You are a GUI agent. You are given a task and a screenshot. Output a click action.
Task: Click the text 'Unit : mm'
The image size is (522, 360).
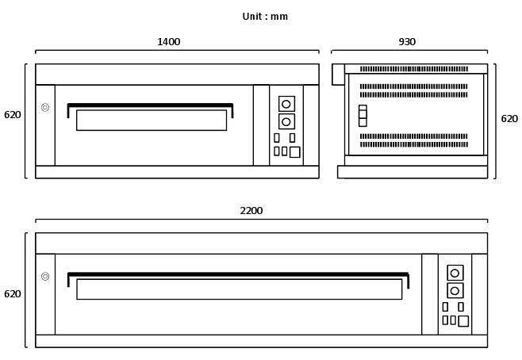(x=265, y=17)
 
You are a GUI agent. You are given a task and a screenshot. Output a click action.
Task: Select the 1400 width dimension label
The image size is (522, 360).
(x=168, y=42)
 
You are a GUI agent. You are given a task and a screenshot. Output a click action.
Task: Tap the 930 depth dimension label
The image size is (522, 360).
(x=407, y=42)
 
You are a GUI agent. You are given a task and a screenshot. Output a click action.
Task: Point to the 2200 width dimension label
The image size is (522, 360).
(x=251, y=211)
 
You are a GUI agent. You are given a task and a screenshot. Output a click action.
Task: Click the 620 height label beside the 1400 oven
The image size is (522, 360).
(x=13, y=115)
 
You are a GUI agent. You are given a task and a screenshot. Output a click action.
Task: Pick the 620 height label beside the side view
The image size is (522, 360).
(x=509, y=119)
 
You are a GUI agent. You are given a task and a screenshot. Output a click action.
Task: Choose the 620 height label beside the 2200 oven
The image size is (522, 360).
(x=13, y=294)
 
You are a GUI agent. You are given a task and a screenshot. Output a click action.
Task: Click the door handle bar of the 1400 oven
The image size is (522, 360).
(x=150, y=105)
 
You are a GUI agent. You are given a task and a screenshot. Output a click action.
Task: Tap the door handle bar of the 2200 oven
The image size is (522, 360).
(x=238, y=274)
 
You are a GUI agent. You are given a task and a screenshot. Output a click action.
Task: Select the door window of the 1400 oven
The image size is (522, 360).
(x=151, y=120)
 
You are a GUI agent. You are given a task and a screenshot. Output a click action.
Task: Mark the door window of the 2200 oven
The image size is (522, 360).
(x=239, y=289)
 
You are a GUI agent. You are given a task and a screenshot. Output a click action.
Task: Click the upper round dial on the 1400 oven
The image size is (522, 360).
(x=286, y=104)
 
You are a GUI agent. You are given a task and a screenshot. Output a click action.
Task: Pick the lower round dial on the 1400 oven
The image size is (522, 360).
(x=286, y=121)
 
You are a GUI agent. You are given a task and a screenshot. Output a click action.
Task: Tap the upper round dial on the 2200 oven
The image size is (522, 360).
(x=455, y=273)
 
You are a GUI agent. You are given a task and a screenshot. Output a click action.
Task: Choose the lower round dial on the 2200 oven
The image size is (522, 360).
(x=455, y=290)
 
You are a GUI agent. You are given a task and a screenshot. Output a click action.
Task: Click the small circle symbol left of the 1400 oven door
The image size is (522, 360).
(x=45, y=107)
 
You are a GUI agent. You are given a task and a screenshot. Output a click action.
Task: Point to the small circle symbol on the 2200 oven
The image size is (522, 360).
(x=45, y=276)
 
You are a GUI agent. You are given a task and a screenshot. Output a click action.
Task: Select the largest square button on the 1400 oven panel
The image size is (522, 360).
(x=294, y=151)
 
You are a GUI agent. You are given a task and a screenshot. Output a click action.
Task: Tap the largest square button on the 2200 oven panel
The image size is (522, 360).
(x=463, y=320)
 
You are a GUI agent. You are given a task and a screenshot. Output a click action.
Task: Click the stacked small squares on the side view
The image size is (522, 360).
(x=363, y=116)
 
